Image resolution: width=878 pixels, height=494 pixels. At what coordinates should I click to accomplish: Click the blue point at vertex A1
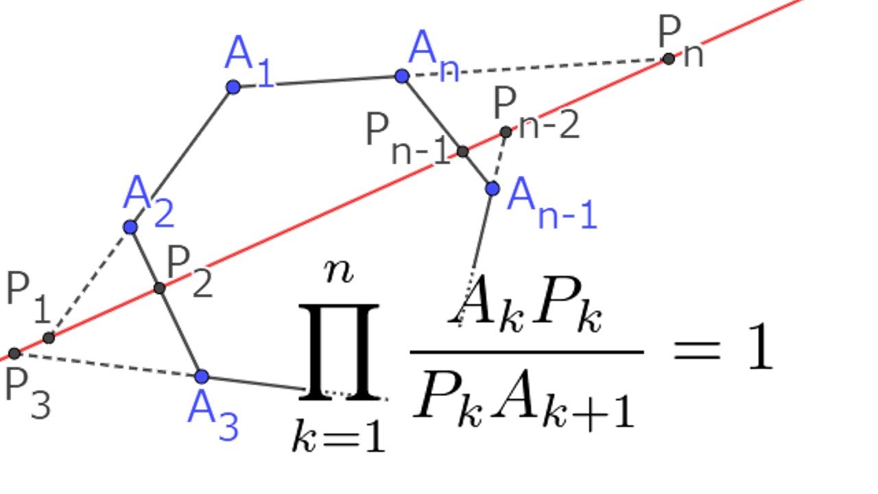coord(233,87)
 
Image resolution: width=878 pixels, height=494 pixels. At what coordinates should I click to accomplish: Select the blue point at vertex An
coord(403,76)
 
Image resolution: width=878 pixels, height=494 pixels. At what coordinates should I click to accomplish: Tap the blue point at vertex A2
coord(130,227)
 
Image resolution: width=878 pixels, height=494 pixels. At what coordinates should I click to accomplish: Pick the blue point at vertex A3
coord(201,377)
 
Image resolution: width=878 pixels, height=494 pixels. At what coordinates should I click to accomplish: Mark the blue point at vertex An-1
coord(493,188)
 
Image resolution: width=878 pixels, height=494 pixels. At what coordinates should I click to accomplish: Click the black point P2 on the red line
coord(159,288)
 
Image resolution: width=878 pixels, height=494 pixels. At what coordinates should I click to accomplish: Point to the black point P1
coord(49,338)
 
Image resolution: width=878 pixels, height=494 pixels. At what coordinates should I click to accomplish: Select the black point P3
coord(14,354)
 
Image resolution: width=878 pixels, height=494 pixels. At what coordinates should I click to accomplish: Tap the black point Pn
coord(669,59)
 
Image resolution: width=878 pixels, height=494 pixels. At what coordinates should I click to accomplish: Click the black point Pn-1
coord(462,152)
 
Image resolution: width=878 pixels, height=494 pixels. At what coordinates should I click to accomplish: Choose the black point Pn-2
coord(506,132)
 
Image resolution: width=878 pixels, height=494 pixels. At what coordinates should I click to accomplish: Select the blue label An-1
coord(551,204)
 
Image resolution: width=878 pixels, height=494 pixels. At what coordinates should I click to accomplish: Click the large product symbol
coord(340,351)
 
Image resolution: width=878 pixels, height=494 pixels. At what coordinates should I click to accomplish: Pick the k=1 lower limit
coord(338,436)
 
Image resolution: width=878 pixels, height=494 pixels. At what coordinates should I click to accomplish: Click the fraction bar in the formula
coord(526,352)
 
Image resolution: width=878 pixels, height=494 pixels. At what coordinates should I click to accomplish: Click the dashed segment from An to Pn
coord(535,67)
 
